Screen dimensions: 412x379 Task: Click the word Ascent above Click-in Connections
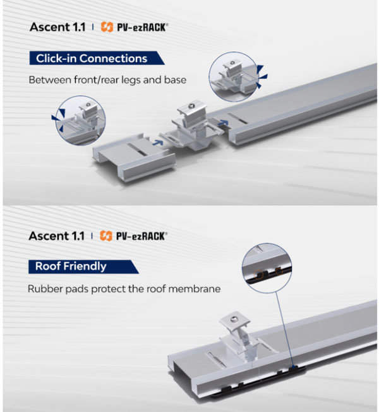[49, 28]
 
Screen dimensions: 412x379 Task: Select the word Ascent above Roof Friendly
[49, 236]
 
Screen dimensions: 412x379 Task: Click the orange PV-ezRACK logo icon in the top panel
[107, 28]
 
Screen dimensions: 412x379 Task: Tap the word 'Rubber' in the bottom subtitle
[45, 288]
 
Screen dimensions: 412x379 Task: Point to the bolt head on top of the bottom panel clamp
[236, 322]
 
